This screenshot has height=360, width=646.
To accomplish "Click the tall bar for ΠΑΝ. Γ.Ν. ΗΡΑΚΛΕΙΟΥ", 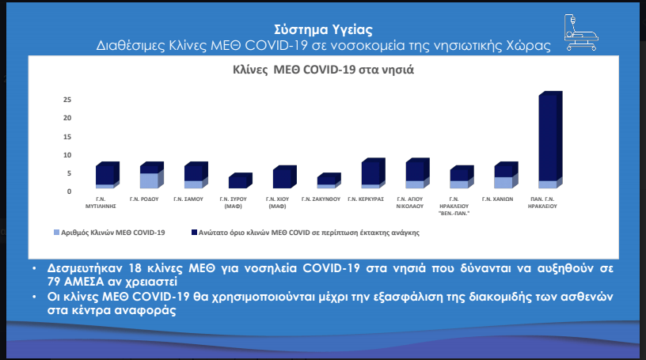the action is coord(550,139).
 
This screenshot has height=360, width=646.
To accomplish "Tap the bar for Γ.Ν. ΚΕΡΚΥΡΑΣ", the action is coord(373,173).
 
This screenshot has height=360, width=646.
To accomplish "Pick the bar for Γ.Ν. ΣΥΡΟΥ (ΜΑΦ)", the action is coord(241,181).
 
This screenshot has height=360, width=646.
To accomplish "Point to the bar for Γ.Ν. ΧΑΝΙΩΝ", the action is coord(507,175).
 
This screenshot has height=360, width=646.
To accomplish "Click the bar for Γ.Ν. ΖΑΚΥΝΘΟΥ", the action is coord(329,181).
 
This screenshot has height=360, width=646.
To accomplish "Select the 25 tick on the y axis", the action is coord(67,100).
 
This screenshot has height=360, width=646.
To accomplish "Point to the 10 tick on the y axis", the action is coord(67,155).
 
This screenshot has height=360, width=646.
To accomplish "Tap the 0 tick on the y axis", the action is coord(69,191).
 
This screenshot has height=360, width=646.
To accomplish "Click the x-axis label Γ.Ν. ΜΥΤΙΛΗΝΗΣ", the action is coord(101,203).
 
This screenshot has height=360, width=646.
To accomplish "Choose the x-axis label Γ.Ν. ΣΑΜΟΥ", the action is coord(188,199).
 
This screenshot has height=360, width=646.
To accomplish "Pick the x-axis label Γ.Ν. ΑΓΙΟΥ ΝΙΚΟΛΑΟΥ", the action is coord(410,203).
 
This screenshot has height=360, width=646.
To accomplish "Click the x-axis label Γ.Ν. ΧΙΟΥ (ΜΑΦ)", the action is coord(277,203).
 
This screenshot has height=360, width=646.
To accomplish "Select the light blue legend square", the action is coord(57,233).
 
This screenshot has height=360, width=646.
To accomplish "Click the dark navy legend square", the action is coord(195,233).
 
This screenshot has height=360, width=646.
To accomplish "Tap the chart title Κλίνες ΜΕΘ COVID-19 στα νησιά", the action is coord(324,70).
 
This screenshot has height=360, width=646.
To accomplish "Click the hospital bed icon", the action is coord(581,32).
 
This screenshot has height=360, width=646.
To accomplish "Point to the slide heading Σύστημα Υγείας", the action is coord(324,29).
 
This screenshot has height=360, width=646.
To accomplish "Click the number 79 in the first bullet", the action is coord(55,282).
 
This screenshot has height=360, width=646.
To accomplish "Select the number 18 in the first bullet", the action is coord(135,268).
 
